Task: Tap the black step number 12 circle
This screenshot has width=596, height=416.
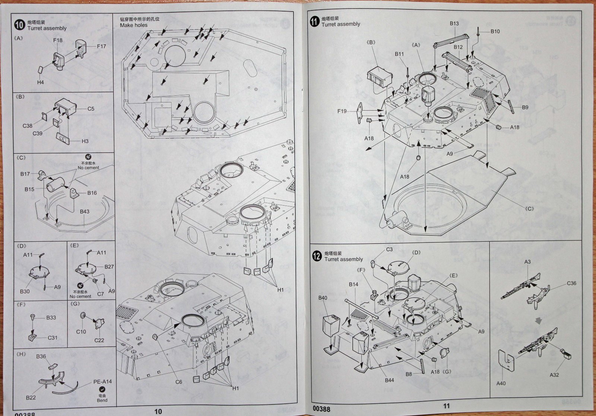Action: pyautogui.click(x=316, y=256)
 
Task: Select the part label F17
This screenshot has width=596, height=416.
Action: pyautogui.click(x=101, y=47)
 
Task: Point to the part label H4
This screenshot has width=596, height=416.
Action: pyautogui.click(x=40, y=82)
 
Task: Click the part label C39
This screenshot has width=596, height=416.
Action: pyautogui.click(x=37, y=133)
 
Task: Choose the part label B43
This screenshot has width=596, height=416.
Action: pyautogui.click(x=85, y=212)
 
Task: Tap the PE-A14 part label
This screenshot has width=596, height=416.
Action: pyautogui.click(x=102, y=382)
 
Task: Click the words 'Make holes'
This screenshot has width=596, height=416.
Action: pyautogui.click(x=133, y=25)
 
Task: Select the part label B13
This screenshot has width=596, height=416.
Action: pyautogui.click(x=454, y=23)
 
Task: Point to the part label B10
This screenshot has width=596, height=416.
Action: pyautogui.click(x=495, y=31)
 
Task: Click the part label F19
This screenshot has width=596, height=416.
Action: pyautogui.click(x=342, y=111)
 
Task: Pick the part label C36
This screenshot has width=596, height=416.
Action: pyautogui.click(x=571, y=283)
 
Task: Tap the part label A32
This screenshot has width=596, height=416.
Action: pyautogui.click(x=554, y=375)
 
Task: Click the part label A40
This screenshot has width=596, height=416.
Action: pyautogui.click(x=501, y=383)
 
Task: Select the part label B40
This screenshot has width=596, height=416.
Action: pyautogui.click(x=323, y=298)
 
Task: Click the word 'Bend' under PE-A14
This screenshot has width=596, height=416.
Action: pyautogui.click(x=102, y=400)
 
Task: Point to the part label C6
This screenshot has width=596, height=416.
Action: pyautogui.click(x=178, y=382)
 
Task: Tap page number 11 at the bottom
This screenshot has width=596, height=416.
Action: pyautogui.click(x=446, y=406)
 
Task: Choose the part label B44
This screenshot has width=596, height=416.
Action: pyautogui.click(x=390, y=380)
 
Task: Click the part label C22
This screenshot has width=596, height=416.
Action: pyautogui.click(x=99, y=340)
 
